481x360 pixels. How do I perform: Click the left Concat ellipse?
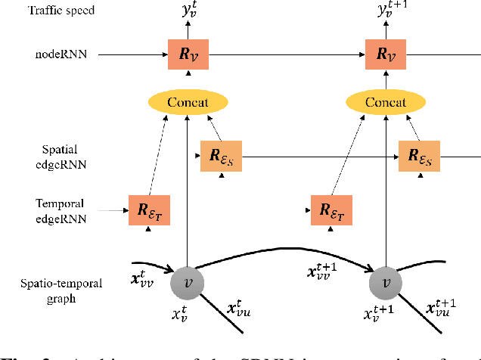(187, 102)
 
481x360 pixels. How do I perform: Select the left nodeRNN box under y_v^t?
(187, 54)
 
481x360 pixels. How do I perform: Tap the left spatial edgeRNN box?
(221, 156)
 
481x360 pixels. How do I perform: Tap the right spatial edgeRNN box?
(420, 156)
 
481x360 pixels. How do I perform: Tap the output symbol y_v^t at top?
(188, 11)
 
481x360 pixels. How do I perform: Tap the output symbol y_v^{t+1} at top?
(390, 11)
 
